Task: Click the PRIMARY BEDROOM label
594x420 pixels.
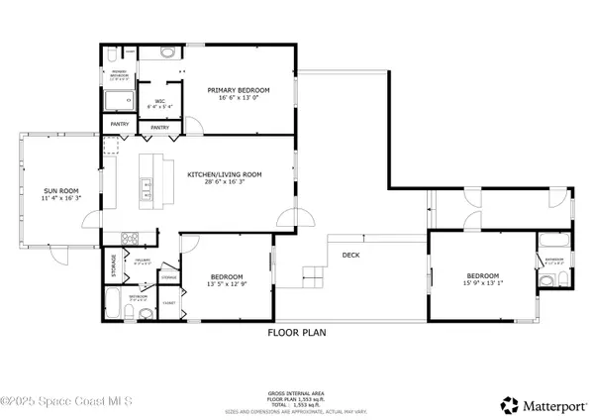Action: point(239,89)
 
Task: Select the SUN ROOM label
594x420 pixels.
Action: point(60,190)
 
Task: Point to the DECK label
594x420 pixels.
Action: point(350,255)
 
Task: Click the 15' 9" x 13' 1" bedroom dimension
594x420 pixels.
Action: point(483,284)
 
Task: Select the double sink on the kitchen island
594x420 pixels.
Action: point(147,183)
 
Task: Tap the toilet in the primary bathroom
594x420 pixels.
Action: point(165,51)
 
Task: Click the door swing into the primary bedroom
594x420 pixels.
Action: point(197,125)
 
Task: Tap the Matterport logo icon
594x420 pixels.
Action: point(510,404)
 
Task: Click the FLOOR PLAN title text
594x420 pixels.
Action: point(297,333)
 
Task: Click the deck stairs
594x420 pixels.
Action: point(314,274)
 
